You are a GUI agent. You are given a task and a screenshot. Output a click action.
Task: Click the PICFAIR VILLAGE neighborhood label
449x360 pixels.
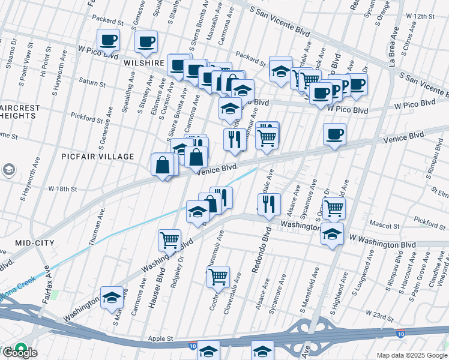click(98, 157)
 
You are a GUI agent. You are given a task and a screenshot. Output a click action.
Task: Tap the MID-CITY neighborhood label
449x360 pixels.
click(35, 243)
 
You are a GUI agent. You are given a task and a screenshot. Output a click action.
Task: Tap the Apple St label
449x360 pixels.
click(160, 339)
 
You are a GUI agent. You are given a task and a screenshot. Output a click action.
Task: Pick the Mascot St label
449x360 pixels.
click(386, 226)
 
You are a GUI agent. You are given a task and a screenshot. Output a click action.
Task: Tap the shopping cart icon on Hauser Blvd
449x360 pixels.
click(169, 240)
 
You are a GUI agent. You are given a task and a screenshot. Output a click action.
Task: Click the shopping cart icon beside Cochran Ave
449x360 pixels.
click(218, 277)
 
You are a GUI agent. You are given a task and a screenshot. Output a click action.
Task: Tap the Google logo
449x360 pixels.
click(19, 353)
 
